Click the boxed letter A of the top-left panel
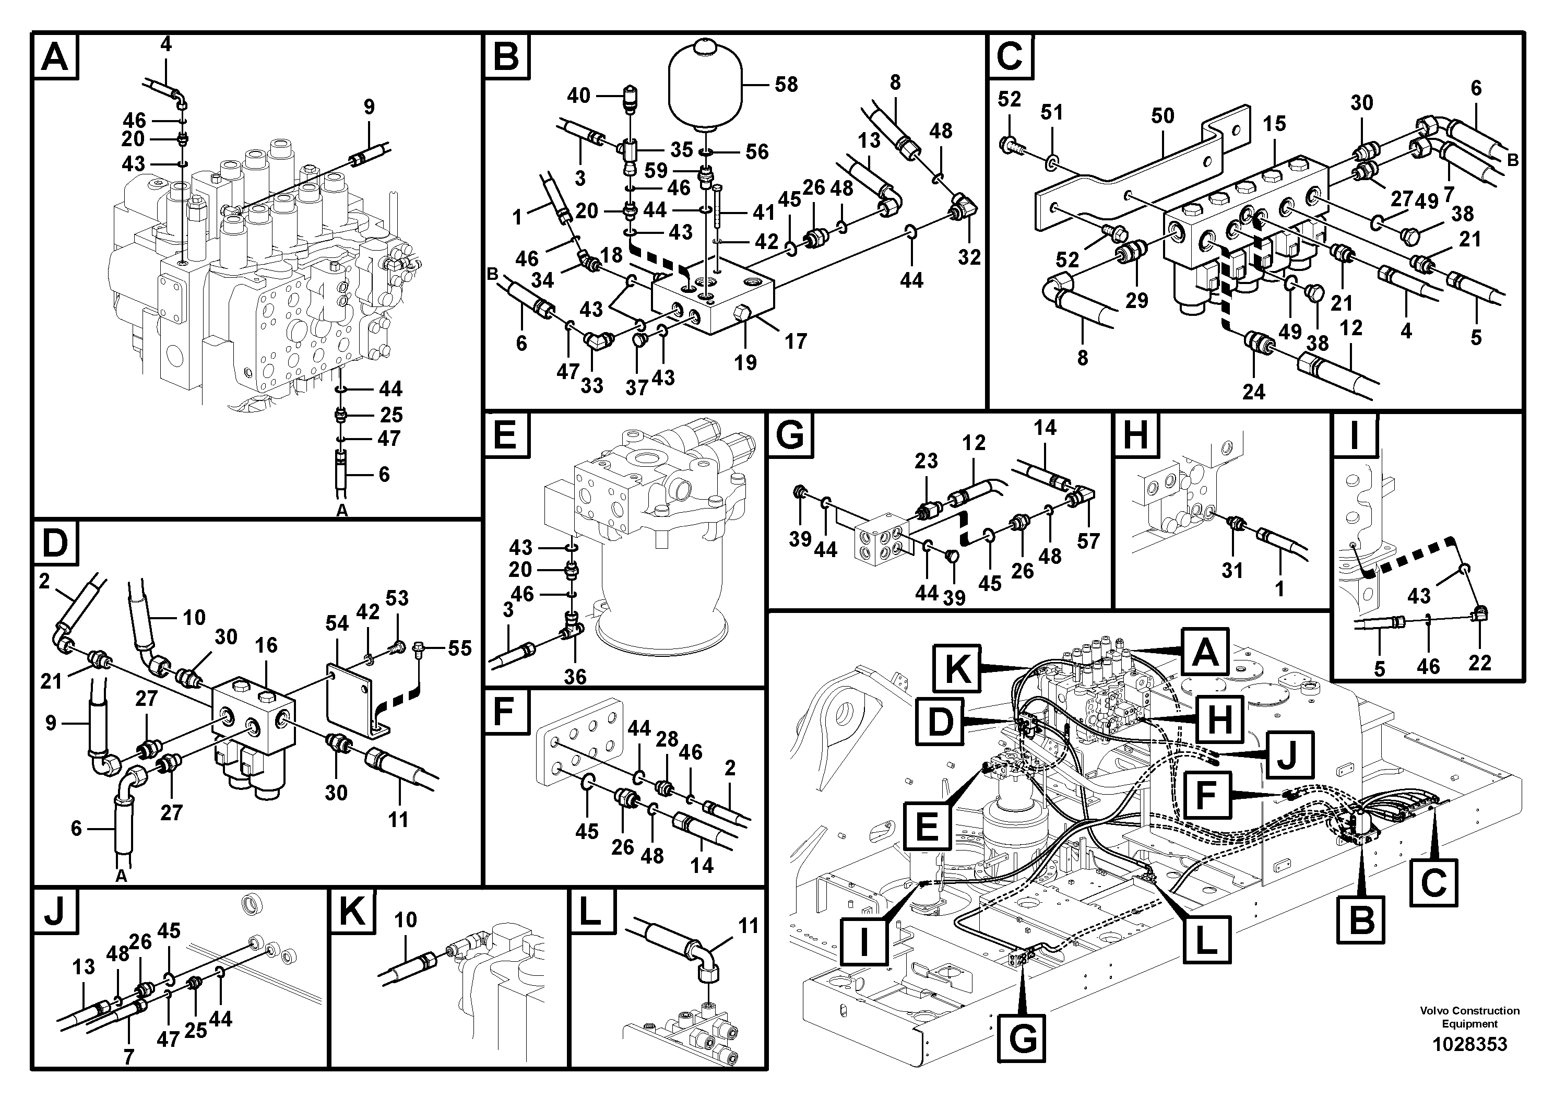[x=55, y=57]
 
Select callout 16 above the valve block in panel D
[x=266, y=645]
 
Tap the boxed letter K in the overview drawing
[x=957, y=669]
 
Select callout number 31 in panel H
[x=1232, y=571]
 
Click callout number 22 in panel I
[x=1479, y=663]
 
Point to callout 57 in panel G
[x=1088, y=541]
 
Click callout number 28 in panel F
[x=667, y=739]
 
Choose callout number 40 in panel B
[x=579, y=96]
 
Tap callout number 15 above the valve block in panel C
[x=1274, y=124]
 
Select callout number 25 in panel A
[x=391, y=414]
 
